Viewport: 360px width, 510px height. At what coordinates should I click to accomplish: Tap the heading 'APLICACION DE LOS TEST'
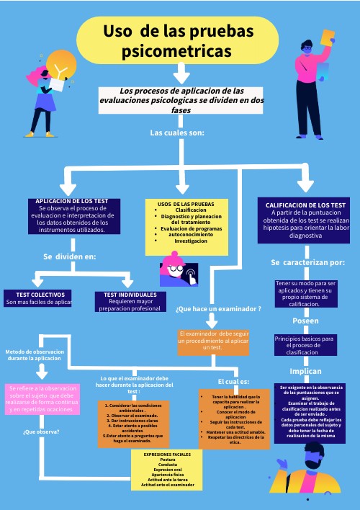point(71,200)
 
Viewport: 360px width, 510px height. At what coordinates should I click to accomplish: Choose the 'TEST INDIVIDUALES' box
point(130,301)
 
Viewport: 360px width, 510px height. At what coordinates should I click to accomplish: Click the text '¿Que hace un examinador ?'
point(218,308)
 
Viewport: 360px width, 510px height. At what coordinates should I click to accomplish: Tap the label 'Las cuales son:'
point(177,133)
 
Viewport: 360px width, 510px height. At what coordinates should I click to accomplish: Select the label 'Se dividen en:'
point(69,256)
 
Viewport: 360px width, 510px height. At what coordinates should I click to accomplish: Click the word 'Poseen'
point(305,321)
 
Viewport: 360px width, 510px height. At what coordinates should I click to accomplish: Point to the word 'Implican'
point(305,371)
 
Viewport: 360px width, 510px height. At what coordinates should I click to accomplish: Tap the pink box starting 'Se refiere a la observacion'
point(41,398)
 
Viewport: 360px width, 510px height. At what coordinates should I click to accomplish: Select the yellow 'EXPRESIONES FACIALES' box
point(167,470)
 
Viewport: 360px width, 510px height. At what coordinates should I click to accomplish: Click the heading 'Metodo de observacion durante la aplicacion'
point(35,355)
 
